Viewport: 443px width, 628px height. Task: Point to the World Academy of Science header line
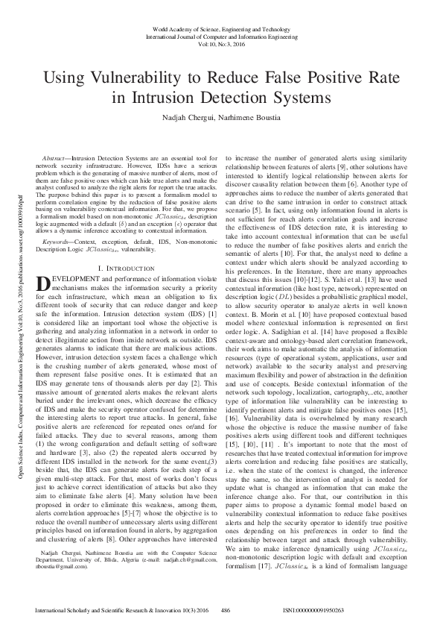(221, 28)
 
